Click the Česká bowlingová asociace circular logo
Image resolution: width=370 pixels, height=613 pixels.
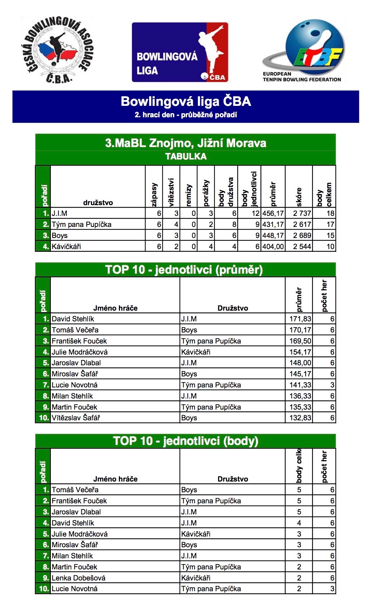pyautogui.click(x=57, y=50)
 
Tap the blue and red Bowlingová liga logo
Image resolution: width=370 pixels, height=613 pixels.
pyautogui.click(x=180, y=52)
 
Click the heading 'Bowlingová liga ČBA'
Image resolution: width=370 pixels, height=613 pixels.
pyautogui.click(x=186, y=101)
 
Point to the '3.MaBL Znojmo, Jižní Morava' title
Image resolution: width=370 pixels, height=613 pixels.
pyautogui.click(x=186, y=143)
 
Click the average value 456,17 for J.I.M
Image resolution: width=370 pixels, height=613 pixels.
pyautogui.click(x=273, y=213)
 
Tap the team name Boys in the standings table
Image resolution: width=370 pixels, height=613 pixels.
pyautogui.click(x=59, y=236)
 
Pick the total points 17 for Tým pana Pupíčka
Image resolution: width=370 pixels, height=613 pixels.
pyautogui.click(x=330, y=225)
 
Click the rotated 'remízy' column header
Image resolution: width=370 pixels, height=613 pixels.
pyautogui.click(x=189, y=195)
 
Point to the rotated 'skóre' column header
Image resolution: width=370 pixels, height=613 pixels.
pyautogui.click(x=299, y=196)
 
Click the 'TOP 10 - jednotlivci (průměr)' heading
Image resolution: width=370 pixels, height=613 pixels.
pyautogui.click(x=184, y=269)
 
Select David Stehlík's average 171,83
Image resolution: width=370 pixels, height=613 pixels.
pyautogui.click(x=300, y=319)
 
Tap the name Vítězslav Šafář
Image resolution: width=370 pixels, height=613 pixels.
pyautogui.click(x=76, y=418)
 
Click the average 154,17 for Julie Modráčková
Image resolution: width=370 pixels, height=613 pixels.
pyautogui.click(x=300, y=352)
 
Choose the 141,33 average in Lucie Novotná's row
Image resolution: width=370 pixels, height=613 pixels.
pyautogui.click(x=300, y=385)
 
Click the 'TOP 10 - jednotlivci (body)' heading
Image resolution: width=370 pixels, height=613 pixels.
pyautogui.click(x=186, y=441)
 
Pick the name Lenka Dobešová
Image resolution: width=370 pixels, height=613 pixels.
pyautogui.click(x=78, y=578)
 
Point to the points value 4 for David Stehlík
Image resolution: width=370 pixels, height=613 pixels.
pyautogui.click(x=299, y=523)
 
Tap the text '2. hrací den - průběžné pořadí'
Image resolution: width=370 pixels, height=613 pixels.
pyautogui.click(x=186, y=115)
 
